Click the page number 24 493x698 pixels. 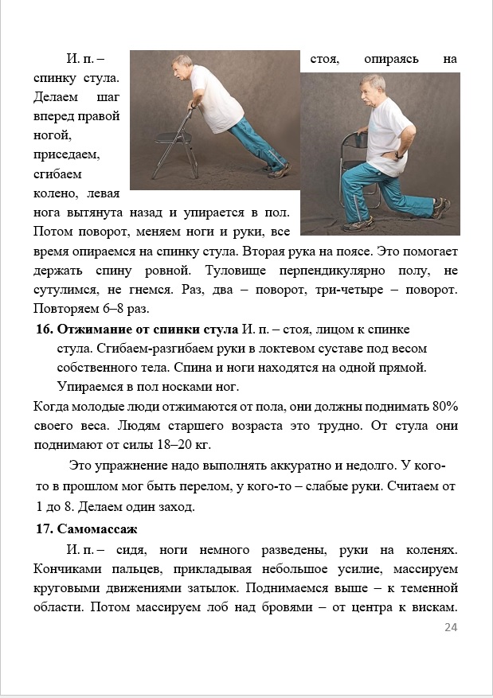pyautogui.click(x=451, y=628)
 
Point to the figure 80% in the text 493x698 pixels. pyautogui.click(x=444, y=406)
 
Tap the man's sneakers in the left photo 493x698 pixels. pyautogui.click(x=278, y=169)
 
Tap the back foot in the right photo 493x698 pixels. pyautogui.click(x=439, y=209)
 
